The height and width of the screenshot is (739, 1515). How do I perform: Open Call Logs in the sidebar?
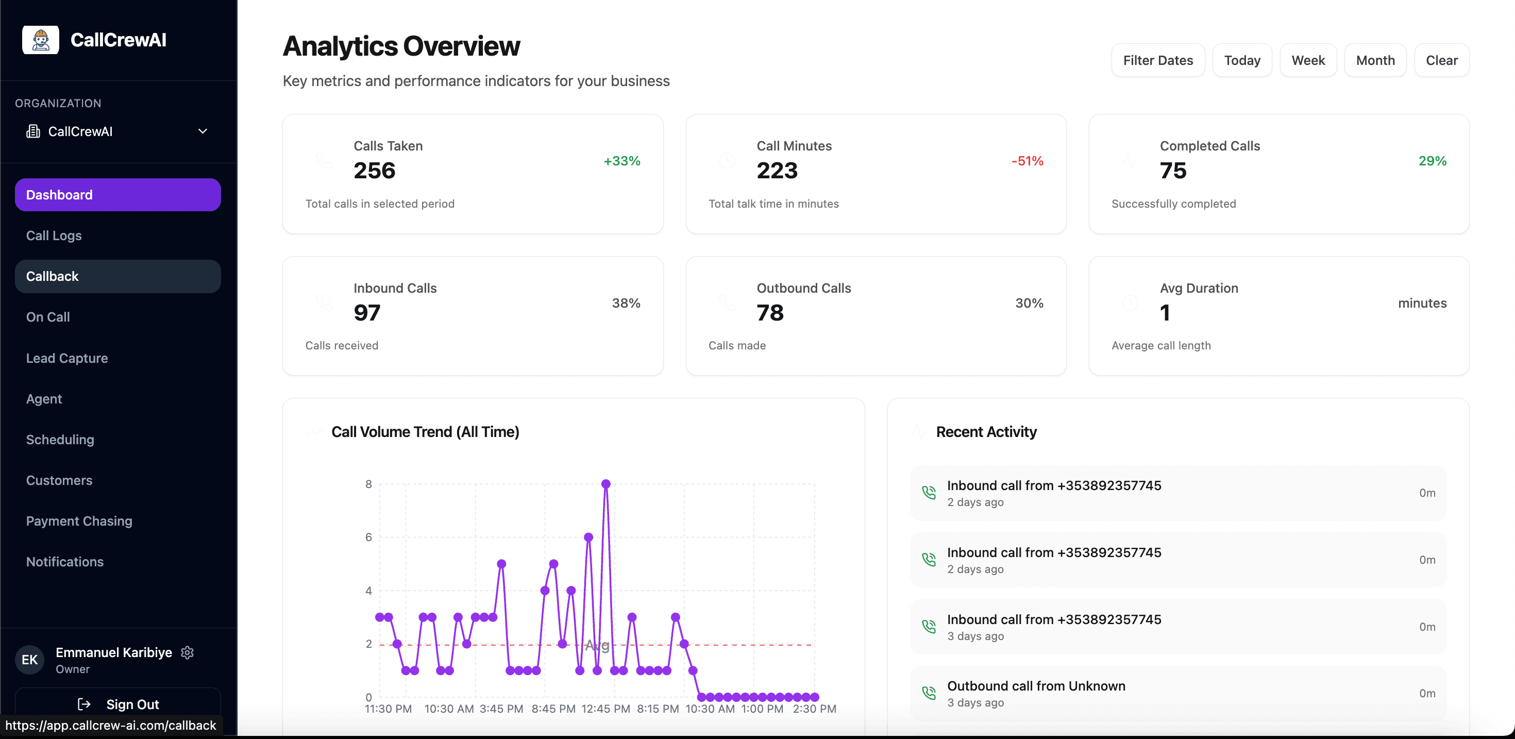pyautogui.click(x=54, y=236)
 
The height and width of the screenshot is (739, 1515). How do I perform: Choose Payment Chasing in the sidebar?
pyautogui.click(x=79, y=520)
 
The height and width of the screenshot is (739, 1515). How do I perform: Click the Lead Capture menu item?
pyautogui.click(x=66, y=358)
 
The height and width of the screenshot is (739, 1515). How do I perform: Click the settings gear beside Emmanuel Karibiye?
pyautogui.click(x=187, y=652)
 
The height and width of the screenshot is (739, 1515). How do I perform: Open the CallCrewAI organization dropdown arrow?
pyautogui.click(x=203, y=131)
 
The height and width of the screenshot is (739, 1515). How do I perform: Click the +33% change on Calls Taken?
pyautogui.click(x=621, y=161)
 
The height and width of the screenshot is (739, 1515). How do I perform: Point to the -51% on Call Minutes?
pyautogui.click(x=1027, y=161)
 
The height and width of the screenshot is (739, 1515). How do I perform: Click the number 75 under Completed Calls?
pyautogui.click(x=1173, y=171)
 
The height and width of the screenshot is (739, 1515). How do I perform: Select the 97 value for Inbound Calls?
pyautogui.click(x=366, y=313)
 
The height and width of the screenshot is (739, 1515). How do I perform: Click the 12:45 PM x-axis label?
pyautogui.click(x=605, y=709)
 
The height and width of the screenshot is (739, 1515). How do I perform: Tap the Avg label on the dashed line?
pyautogui.click(x=596, y=645)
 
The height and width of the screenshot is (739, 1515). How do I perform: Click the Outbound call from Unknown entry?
pyautogui.click(x=1035, y=686)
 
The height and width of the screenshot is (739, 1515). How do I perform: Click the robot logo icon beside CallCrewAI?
pyautogui.click(x=41, y=40)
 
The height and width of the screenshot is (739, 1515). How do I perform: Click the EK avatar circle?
pyautogui.click(x=29, y=660)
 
